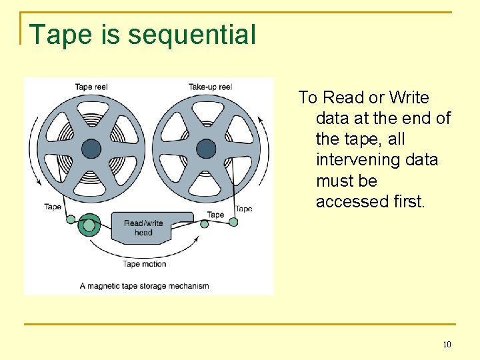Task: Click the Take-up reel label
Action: [x=209, y=87]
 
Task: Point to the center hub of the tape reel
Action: [x=91, y=148]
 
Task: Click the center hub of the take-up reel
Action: [x=207, y=148]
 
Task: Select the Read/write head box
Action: [x=144, y=228]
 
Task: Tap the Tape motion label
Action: [x=145, y=264]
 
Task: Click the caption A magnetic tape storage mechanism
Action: [x=145, y=286]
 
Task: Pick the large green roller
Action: [x=89, y=225]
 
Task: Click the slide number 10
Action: [x=446, y=345]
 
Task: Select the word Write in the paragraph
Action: [x=409, y=98]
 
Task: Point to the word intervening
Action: [x=377, y=160]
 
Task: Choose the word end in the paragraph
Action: [x=418, y=119]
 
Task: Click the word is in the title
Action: [x=111, y=35]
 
